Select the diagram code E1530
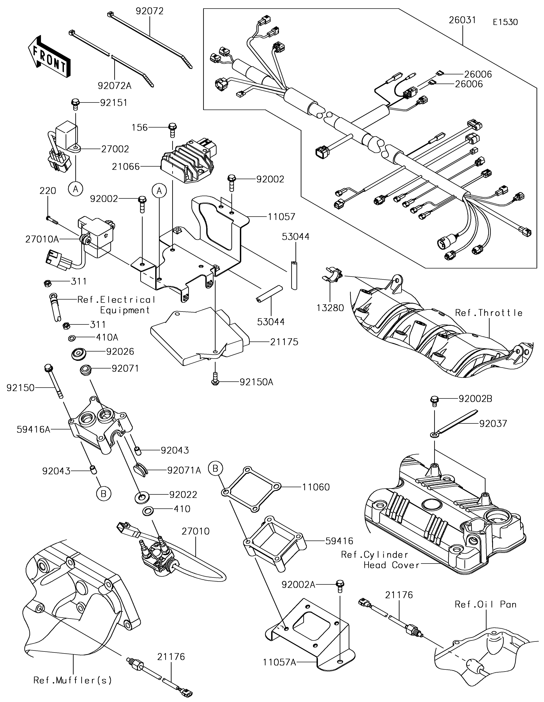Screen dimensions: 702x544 [505, 22]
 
